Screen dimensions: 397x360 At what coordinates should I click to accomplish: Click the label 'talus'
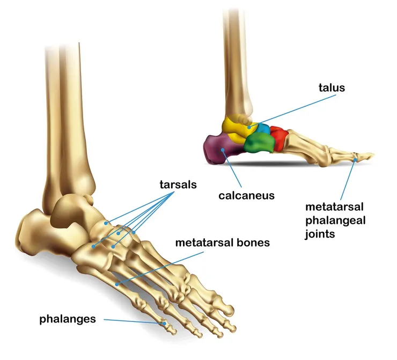(332, 87)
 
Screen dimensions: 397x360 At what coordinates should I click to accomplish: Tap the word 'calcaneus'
(246, 195)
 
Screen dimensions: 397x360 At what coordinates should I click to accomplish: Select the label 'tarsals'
(178, 185)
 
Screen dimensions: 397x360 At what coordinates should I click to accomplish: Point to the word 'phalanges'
(68, 319)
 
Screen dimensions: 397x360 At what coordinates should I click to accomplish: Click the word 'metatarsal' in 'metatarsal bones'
(204, 243)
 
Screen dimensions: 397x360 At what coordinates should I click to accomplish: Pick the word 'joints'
(320, 234)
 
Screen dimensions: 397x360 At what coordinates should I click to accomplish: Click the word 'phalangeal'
(335, 221)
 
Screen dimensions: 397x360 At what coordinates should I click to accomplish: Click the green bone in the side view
(260, 143)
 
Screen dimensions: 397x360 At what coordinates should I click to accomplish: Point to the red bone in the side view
(280, 138)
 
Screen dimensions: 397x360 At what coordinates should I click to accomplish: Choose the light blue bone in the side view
(264, 128)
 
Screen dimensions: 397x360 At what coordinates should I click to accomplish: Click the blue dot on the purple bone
(223, 150)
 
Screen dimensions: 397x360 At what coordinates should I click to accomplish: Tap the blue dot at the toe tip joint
(356, 160)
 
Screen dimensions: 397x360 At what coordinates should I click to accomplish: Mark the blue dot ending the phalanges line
(164, 324)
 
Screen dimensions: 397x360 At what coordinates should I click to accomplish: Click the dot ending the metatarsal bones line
(117, 284)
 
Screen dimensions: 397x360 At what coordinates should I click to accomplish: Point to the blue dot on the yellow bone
(249, 127)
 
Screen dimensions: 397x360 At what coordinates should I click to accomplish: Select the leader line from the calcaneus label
(232, 168)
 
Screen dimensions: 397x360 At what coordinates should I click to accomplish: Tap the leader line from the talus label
(293, 111)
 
